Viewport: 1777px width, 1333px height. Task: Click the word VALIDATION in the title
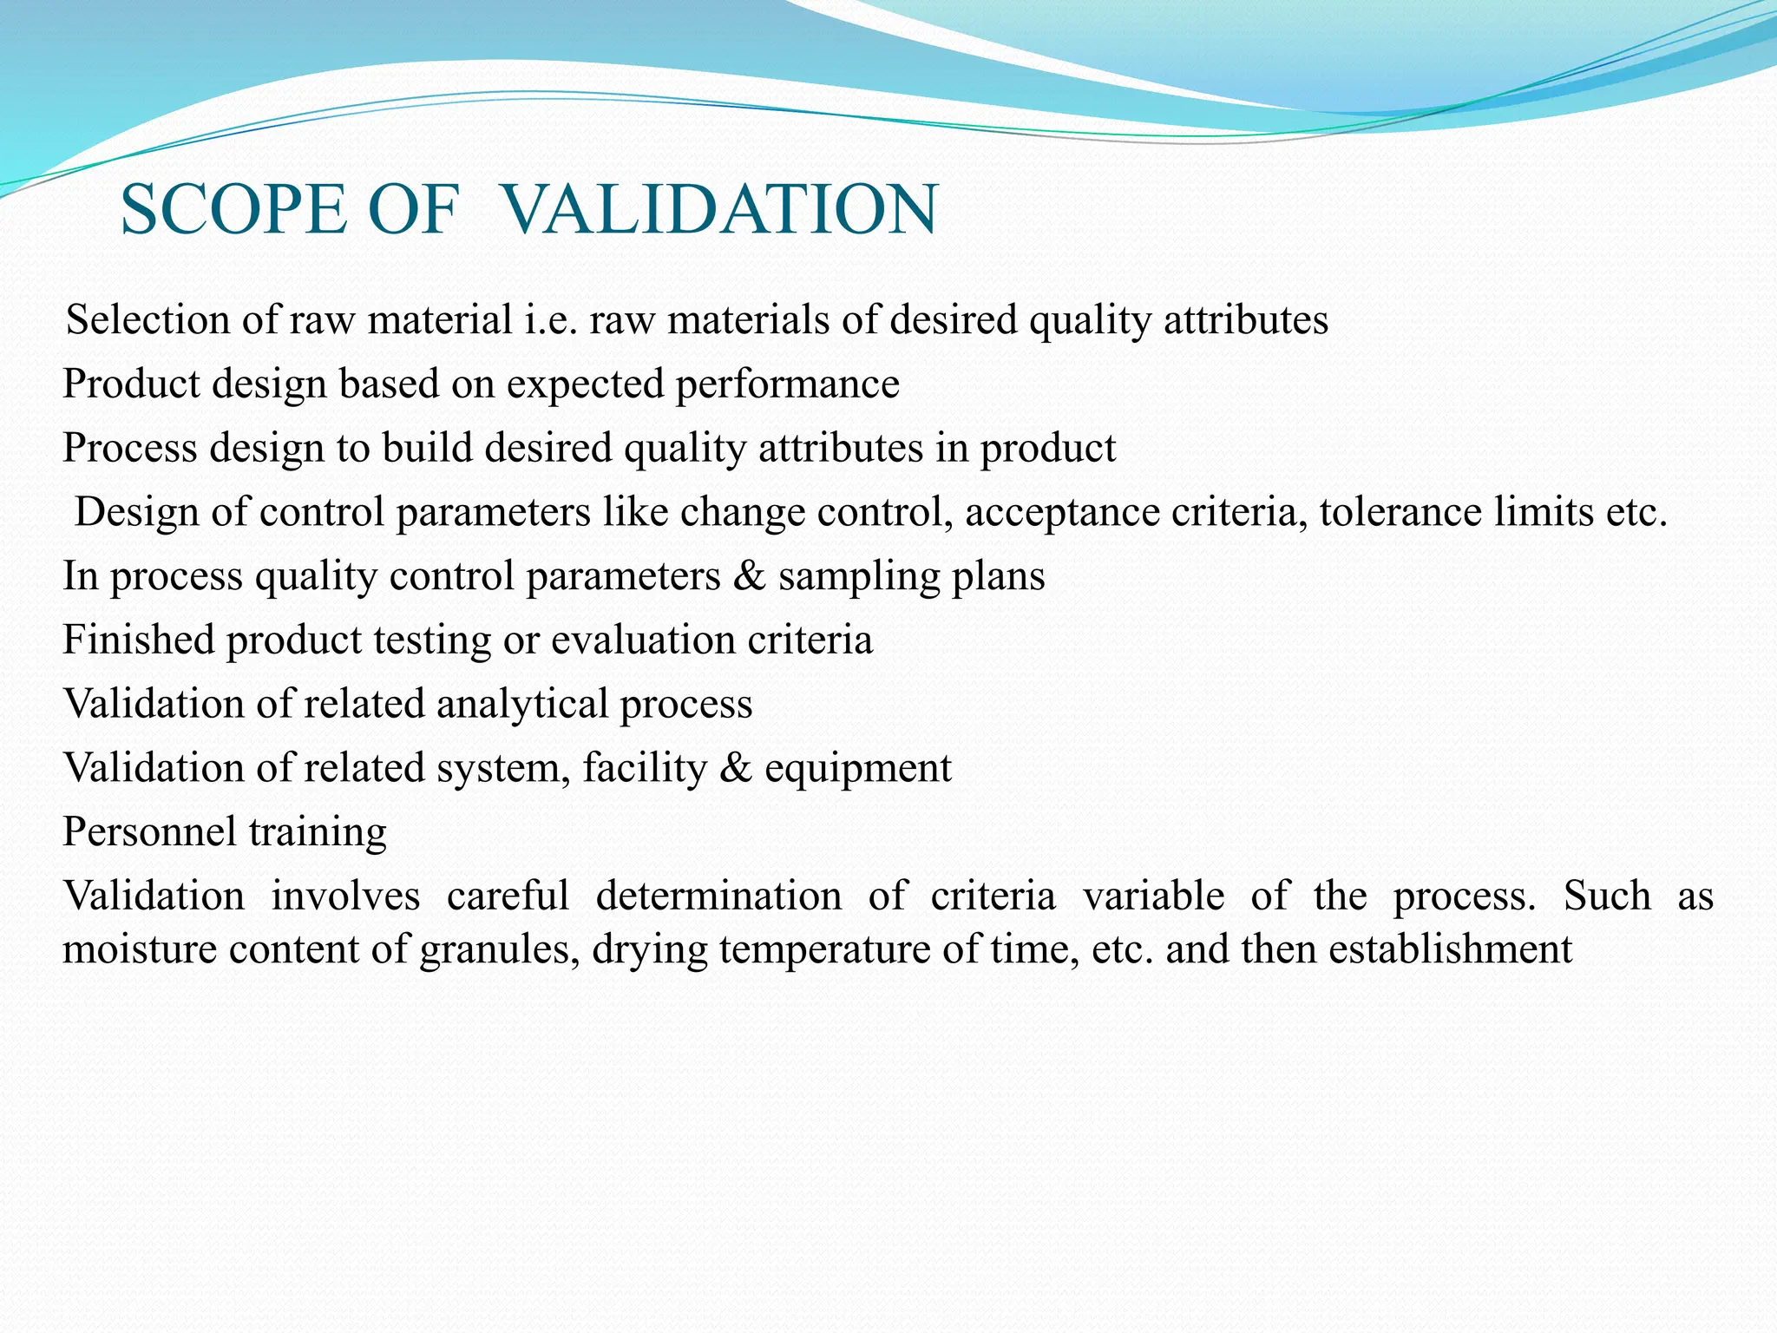pyautogui.click(x=719, y=210)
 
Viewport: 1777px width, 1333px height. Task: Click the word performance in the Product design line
pyautogui.click(x=787, y=384)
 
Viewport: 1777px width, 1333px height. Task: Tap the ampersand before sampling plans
pyautogui.click(x=749, y=576)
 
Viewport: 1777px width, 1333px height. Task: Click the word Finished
pyautogui.click(x=138, y=640)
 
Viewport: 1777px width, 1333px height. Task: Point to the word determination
pyautogui.click(x=718, y=896)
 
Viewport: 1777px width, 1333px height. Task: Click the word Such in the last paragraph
pyautogui.click(x=1606, y=896)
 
